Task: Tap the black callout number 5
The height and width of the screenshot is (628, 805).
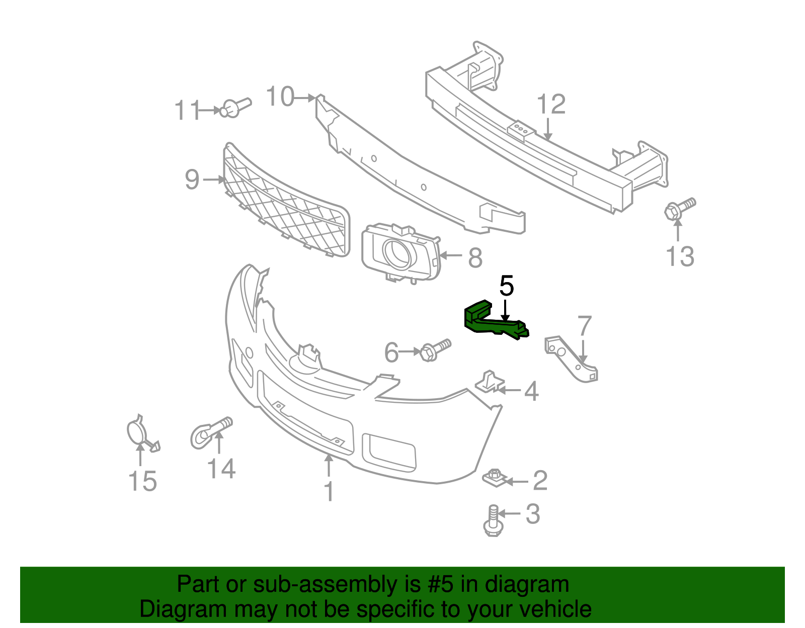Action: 506,287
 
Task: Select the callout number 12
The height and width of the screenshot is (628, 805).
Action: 551,105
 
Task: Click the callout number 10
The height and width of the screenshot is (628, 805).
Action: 280,97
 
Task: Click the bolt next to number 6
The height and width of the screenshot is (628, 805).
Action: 434,349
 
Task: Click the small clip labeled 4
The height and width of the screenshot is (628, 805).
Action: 489,382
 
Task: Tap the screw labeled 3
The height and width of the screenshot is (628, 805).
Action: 493,521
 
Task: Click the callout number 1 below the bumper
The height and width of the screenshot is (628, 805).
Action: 329,491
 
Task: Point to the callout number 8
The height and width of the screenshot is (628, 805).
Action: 475,258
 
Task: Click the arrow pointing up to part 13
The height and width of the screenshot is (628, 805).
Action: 678,231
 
